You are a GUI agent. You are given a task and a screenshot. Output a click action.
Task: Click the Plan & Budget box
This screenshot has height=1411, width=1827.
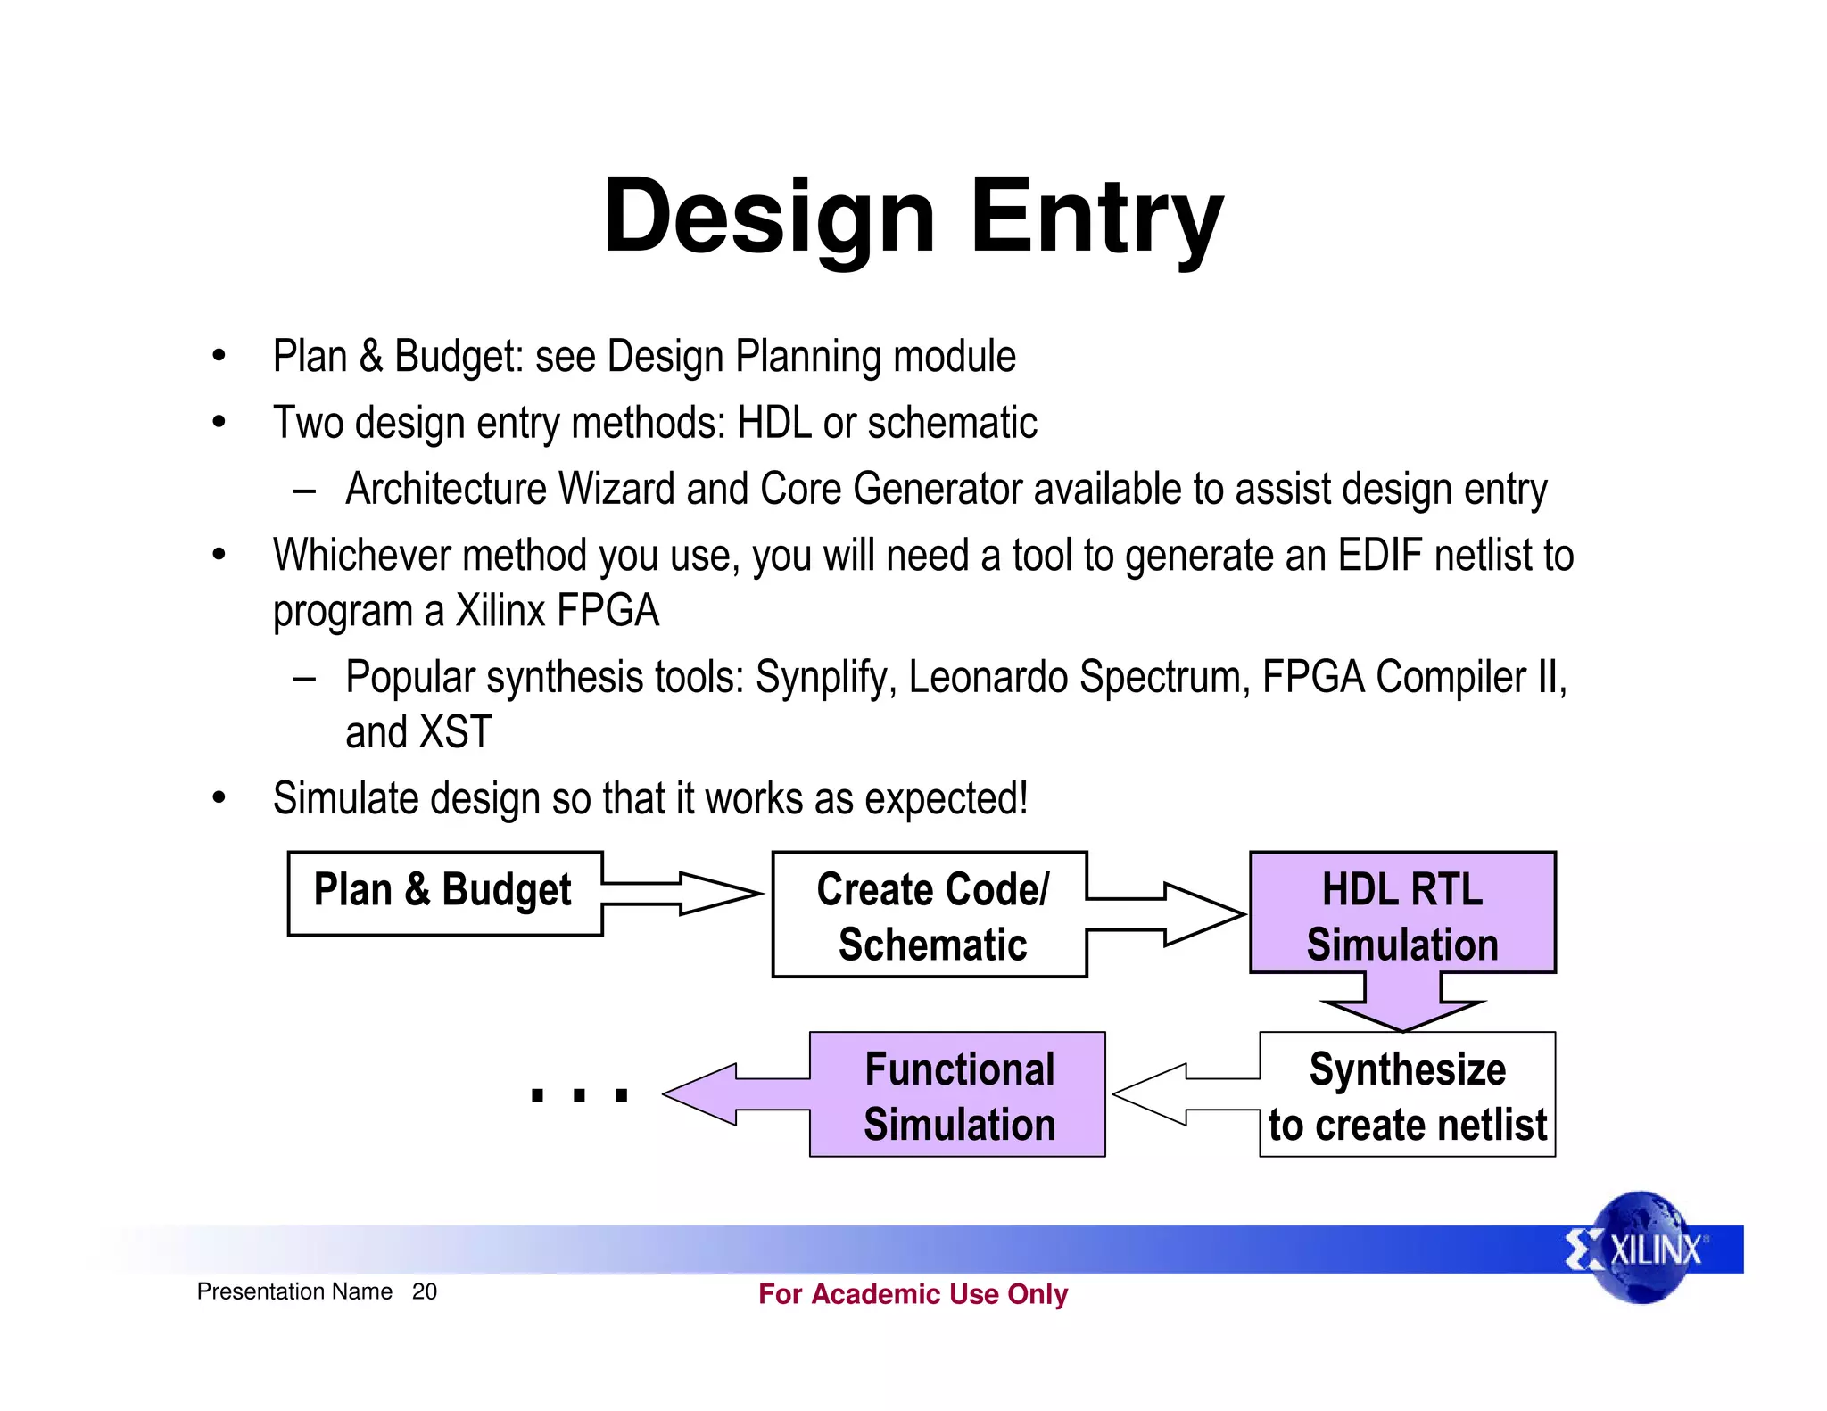[444, 893]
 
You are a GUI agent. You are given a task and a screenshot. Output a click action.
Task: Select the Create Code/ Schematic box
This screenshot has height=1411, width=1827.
[930, 915]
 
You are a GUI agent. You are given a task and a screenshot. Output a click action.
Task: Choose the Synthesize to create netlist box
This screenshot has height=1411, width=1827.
[1407, 1095]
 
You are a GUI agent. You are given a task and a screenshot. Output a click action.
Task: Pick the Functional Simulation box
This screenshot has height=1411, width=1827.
[958, 1095]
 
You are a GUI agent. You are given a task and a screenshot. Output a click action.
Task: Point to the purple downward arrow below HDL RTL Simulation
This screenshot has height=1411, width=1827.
[1402, 1004]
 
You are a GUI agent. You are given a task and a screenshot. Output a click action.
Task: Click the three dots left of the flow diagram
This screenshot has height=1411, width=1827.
[579, 1095]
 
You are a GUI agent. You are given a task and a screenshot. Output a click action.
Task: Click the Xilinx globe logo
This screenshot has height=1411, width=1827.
[1641, 1248]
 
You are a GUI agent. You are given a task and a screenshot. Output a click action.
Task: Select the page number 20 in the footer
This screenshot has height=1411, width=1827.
[424, 1291]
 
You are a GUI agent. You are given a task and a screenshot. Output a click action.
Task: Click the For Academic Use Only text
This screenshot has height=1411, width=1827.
[913, 1293]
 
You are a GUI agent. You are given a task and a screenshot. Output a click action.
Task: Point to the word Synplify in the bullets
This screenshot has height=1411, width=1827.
[824, 678]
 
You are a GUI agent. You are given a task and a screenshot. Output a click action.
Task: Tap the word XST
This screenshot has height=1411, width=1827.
[455, 733]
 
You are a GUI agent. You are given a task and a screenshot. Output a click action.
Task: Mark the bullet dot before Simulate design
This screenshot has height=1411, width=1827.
[219, 797]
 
